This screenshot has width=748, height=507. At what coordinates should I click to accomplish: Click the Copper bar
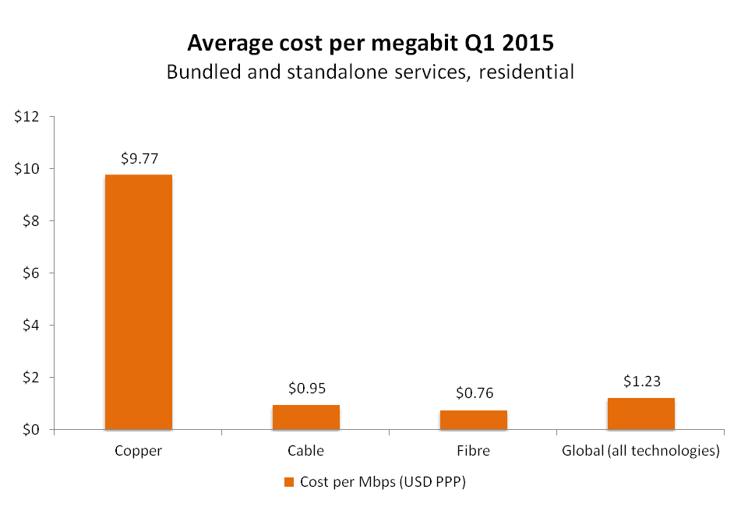click(x=139, y=302)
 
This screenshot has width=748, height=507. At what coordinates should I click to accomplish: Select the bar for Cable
click(x=306, y=417)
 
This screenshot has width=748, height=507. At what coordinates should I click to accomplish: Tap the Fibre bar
click(x=474, y=420)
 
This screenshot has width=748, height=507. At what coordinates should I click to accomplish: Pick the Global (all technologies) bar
click(x=640, y=414)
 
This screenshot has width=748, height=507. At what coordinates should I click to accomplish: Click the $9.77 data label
click(x=139, y=158)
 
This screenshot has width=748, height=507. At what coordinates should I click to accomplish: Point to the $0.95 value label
click(x=306, y=389)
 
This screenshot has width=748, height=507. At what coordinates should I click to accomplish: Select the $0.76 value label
click(x=474, y=393)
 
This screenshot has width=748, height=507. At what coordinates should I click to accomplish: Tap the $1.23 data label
click(x=640, y=381)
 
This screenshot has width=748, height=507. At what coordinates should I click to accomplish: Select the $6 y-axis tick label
click(x=31, y=273)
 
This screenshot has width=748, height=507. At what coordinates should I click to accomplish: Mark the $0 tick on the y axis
click(x=31, y=430)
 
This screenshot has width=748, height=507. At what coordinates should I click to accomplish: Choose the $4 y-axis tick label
click(x=31, y=326)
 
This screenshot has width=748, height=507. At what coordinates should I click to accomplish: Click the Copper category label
click(x=139, y=451)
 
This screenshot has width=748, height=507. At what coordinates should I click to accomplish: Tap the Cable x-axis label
click(x=306, y=451)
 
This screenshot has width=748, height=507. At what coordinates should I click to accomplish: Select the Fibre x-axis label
click(x=474, y=451)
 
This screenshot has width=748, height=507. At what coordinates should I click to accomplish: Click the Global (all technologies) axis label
click(x=640, y=451)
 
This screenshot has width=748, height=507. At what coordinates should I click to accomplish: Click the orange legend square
click(x=289, y=482)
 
